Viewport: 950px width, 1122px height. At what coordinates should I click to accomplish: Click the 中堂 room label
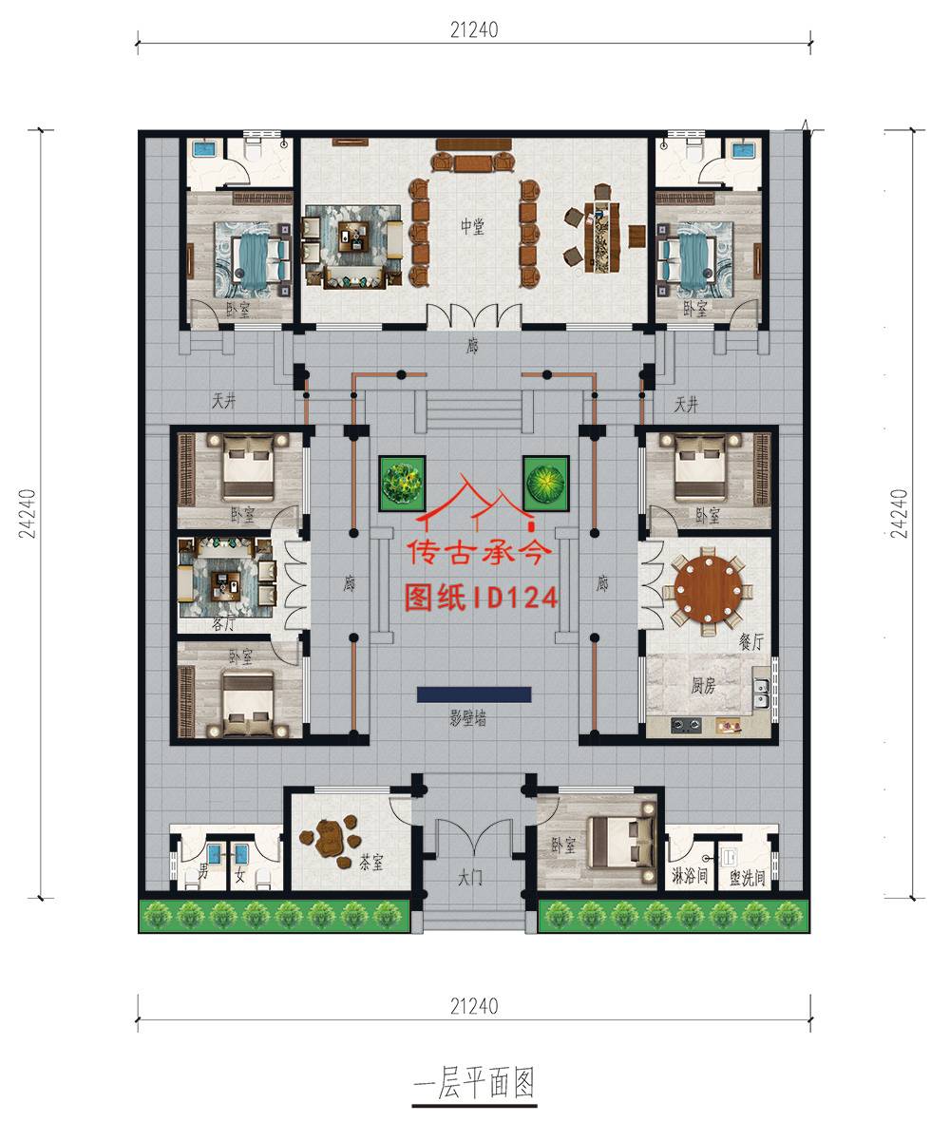(473, 226)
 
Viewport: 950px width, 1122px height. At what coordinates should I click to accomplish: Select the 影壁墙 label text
(467, 719)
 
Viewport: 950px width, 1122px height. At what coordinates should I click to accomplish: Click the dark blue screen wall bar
(473, 694)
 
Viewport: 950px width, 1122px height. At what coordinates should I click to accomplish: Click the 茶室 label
(370, 863)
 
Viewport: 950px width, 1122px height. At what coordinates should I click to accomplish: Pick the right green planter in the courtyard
(545, 482)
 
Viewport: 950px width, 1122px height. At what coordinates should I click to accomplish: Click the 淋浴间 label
(690, 875)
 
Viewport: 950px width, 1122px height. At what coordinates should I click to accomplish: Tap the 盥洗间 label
(748, 875)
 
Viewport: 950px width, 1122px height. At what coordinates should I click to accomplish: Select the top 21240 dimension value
(474, 30)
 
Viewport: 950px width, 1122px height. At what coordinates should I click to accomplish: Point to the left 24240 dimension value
(26, 513)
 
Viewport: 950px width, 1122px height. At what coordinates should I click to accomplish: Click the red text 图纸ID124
(479, 597)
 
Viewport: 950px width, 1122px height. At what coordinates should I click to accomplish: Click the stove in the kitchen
(687, 727)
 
